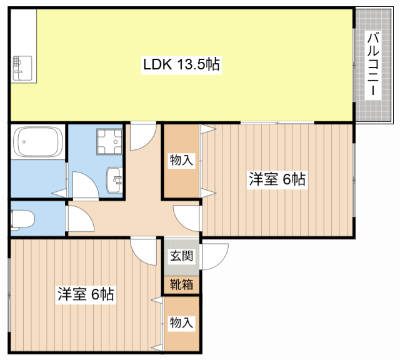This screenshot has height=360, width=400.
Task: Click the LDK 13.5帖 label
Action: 181,64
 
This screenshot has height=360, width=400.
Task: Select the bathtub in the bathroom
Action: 37,143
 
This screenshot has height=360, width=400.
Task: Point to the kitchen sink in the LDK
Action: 22,67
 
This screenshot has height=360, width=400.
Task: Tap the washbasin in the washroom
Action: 116,179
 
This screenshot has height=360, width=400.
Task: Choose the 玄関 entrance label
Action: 182,256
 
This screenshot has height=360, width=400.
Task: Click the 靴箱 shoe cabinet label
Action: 182,284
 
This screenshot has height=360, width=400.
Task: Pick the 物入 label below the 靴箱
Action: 182,323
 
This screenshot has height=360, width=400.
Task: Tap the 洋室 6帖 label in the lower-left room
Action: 86,294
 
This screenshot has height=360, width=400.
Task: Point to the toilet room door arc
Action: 80,219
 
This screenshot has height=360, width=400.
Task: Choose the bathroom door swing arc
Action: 82,185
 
